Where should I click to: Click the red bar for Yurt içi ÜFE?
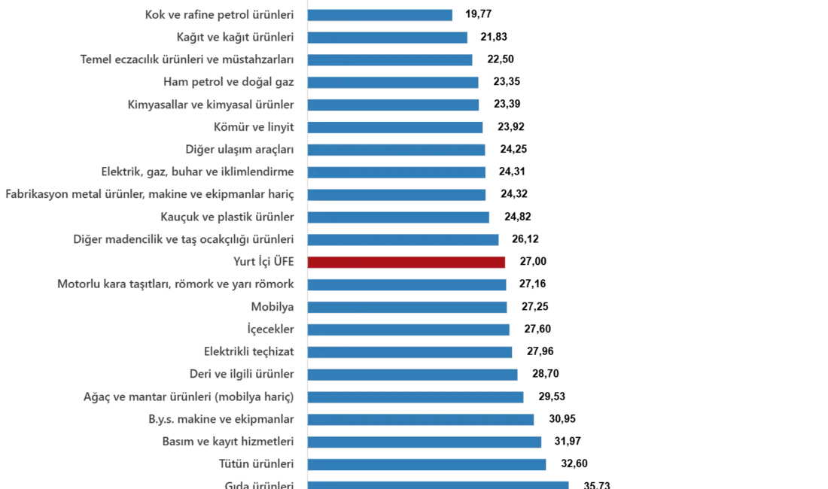pyautogui.click(x=406, y=262)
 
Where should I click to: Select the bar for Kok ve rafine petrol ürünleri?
pyautogui.click(x=381, y=14)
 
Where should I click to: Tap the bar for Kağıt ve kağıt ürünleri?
pyautogui.click(x=388, y=37)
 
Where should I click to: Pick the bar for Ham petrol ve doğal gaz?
pyautogui.click(x=394, y=82)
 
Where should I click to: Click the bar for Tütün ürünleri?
pyautogui.click(x=427, y=464)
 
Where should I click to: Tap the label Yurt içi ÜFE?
pyautogui.click(x=262, y=262)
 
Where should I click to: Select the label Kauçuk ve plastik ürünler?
pyautogui.click(x=226, y=217)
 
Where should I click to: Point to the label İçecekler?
pyautogui.click(x=271, y=330)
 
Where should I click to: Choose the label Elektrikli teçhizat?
pyautogui.click(x=247, y=351)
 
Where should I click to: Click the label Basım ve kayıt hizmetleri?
pyautogui.click(x=228, y=442)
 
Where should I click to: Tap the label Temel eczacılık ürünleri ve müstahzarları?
pyautogui.click(x=186, y=59)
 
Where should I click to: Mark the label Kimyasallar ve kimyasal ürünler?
pyautogui.click(x=210, y=105)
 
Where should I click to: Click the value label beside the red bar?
pyautogui.click(x=532, y=262)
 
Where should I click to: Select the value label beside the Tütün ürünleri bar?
pyautogui.click(x=574, y=464)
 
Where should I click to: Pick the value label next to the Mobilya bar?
pyautogui.click(x=535, y=307)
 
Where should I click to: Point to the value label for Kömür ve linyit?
pyautogui.click(x=512, y=127)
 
